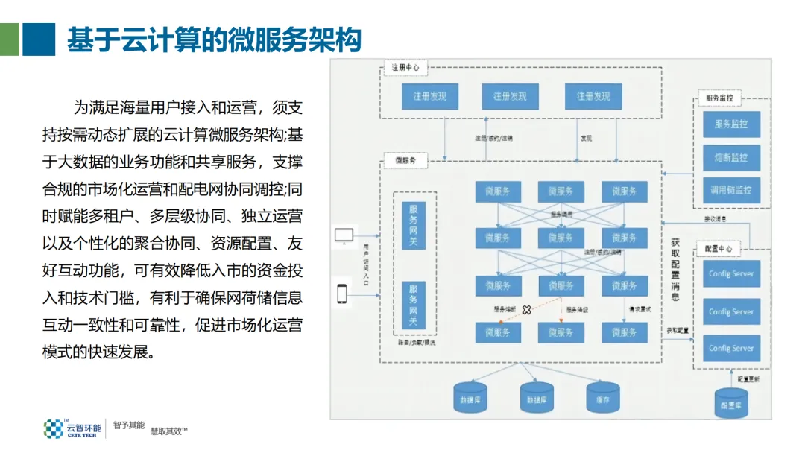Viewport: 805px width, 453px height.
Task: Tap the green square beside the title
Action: pos(10,39)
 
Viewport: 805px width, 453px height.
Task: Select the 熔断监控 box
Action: pos(731,158)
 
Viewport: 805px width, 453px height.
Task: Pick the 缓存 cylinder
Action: pos(603,396)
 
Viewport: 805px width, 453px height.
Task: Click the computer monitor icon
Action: pos(344,237)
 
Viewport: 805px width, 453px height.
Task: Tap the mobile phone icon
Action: pos(342,294)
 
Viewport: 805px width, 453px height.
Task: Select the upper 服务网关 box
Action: pos(413,225)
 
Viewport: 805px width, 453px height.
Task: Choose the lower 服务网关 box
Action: pos(413,304)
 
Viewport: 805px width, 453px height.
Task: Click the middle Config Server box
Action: pos(731,311)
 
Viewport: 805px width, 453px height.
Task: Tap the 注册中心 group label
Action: pos(405,67)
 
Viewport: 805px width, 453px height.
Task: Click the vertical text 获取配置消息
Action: pos(675,269)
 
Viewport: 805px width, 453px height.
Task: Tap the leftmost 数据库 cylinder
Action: pos(470,396)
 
